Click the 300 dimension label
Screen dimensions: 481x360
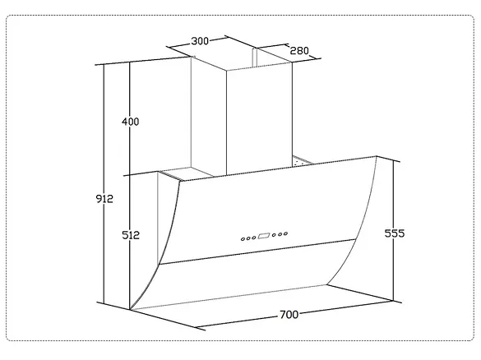pyautogui.click(x=200, y=41)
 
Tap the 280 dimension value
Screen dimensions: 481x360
pyautogui.click(x=299, y=50)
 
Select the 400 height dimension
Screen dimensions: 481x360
pyautogui.click(x=131, y=122)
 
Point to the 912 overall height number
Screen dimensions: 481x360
pyautogui.click(x=104, y=199)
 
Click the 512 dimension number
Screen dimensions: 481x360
pyautogui.click(x=131, y=235)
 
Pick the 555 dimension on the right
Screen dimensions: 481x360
pyautogui.click(x=395, y=233)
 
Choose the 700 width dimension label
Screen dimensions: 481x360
pyautogui.click(x=289, y=315)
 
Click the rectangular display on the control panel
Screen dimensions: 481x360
pyautogui.click(x=264, y=236)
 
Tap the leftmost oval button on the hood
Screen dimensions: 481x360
pyautogui.click(x=243, y=239)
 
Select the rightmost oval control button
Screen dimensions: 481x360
pyautogui.click(x=285, y=233)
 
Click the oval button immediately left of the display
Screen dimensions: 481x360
pyautogui.click(x=254, y=238)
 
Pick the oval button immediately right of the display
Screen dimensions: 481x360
pyautogui.click(x=274, y=235)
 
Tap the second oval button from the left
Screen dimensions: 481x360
pyautogui.click(x=248, y=238)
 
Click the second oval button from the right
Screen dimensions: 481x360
pyautogui.click(x=280, y=234)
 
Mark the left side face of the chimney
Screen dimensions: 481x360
pyautogui.click(x=209, y=117)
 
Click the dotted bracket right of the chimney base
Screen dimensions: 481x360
pyautogui.click(x=302, y=160)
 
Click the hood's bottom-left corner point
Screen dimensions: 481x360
pyautogui.click(x=131, y=310)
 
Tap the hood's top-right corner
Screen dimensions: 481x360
pyautogui.click(x=376, y=157)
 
